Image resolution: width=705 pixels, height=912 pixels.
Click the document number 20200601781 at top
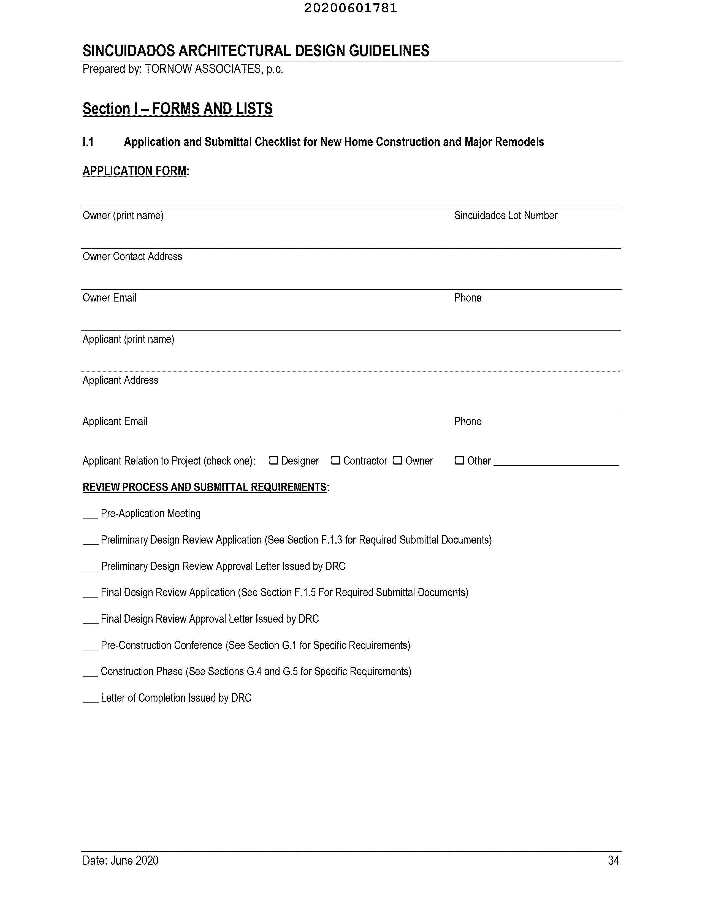coord(350,8)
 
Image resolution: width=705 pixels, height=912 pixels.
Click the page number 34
coord(613,860)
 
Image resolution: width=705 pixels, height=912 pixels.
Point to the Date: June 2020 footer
coord(120,860)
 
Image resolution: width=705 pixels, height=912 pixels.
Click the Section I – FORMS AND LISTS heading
coord(178,108)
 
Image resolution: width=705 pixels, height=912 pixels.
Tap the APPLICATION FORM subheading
coord(134,171)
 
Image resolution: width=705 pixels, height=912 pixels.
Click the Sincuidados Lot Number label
coord(505,216)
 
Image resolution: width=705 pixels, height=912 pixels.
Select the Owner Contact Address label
coord(132,256)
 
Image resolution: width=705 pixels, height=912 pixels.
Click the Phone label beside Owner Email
coord(468,298)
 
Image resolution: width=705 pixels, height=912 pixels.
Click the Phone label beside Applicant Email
coord(468,421)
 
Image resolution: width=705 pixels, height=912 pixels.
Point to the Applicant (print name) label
coord(128,339)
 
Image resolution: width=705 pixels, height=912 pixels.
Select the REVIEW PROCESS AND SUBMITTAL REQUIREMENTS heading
coord(205,487)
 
